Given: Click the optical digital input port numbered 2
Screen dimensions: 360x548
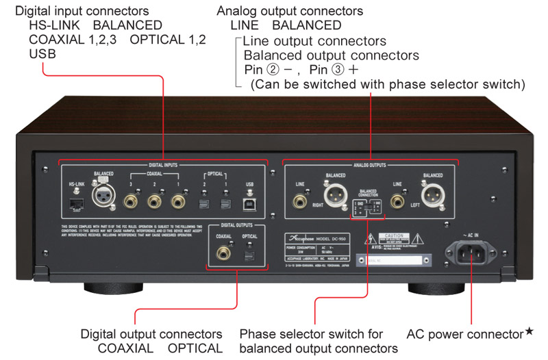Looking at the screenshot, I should pos(203,203).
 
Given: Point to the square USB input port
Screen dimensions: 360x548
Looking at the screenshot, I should pos(248,203).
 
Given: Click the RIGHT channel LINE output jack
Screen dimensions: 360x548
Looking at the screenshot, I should pos(299,202).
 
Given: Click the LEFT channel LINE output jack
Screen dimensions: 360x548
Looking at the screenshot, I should pos(397,202).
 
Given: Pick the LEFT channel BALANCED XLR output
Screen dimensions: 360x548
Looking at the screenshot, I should pos(432,198).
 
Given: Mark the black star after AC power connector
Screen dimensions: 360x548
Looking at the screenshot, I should pos(529,333).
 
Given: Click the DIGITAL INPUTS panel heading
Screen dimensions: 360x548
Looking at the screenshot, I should pos(162,165).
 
